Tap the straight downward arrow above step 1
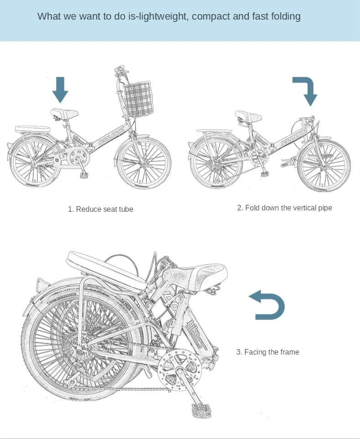point(60,89)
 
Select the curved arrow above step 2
point(307,90)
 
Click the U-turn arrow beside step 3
point(268,304)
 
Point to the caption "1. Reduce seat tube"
point(100,209)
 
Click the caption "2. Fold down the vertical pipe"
point(284,208)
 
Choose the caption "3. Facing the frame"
point(267,352)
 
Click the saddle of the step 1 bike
point(64,113)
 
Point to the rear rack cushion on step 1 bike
point(32,129)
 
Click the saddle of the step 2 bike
point(248,115)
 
